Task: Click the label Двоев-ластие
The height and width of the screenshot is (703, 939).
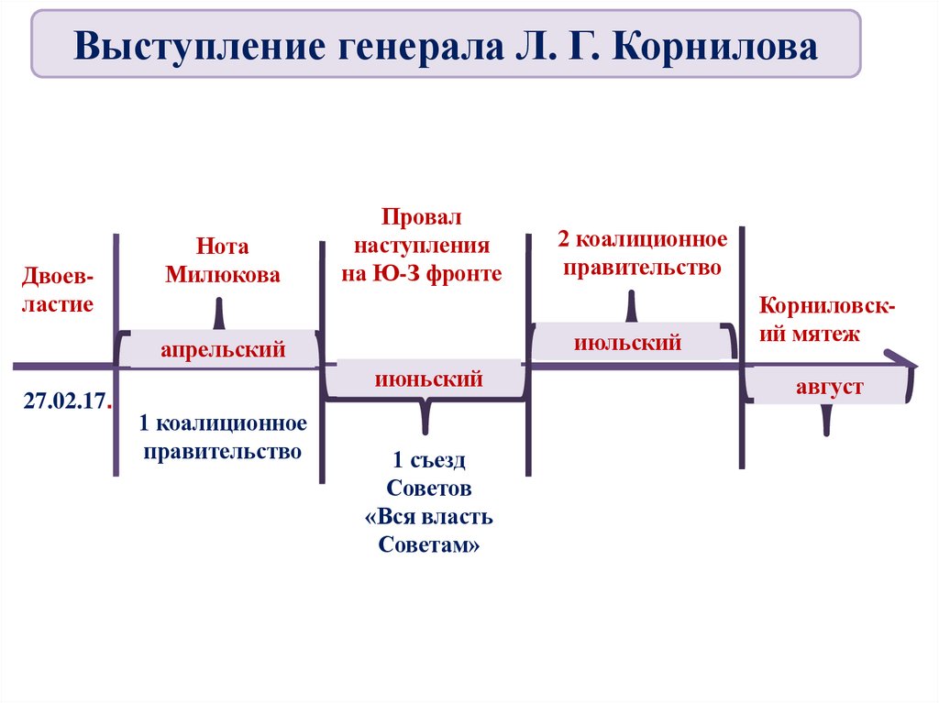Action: coord(59,291)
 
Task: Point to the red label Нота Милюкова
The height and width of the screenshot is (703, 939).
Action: coord(223,261)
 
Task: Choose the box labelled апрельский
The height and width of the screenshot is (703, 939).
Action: coord(223,348)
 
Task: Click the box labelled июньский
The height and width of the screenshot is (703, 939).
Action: coord(427,379)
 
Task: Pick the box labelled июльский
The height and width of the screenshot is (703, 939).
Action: coord(628,343)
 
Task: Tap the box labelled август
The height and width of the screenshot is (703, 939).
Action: coord(829,387)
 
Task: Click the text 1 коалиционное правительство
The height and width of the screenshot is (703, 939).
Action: coord(222,437)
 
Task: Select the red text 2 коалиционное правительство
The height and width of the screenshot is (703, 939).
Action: coord(642,254)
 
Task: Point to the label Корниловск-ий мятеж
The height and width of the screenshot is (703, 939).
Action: coord(827,320)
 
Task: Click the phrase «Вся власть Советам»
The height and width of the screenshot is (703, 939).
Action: coord(428,531)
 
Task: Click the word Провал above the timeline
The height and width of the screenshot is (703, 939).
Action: coord(423,218)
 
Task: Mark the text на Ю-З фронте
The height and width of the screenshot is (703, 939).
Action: coord(423,273)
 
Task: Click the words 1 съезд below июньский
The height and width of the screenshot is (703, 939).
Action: coord(428,460)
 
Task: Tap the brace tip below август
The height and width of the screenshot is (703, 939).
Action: coord(827,423)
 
